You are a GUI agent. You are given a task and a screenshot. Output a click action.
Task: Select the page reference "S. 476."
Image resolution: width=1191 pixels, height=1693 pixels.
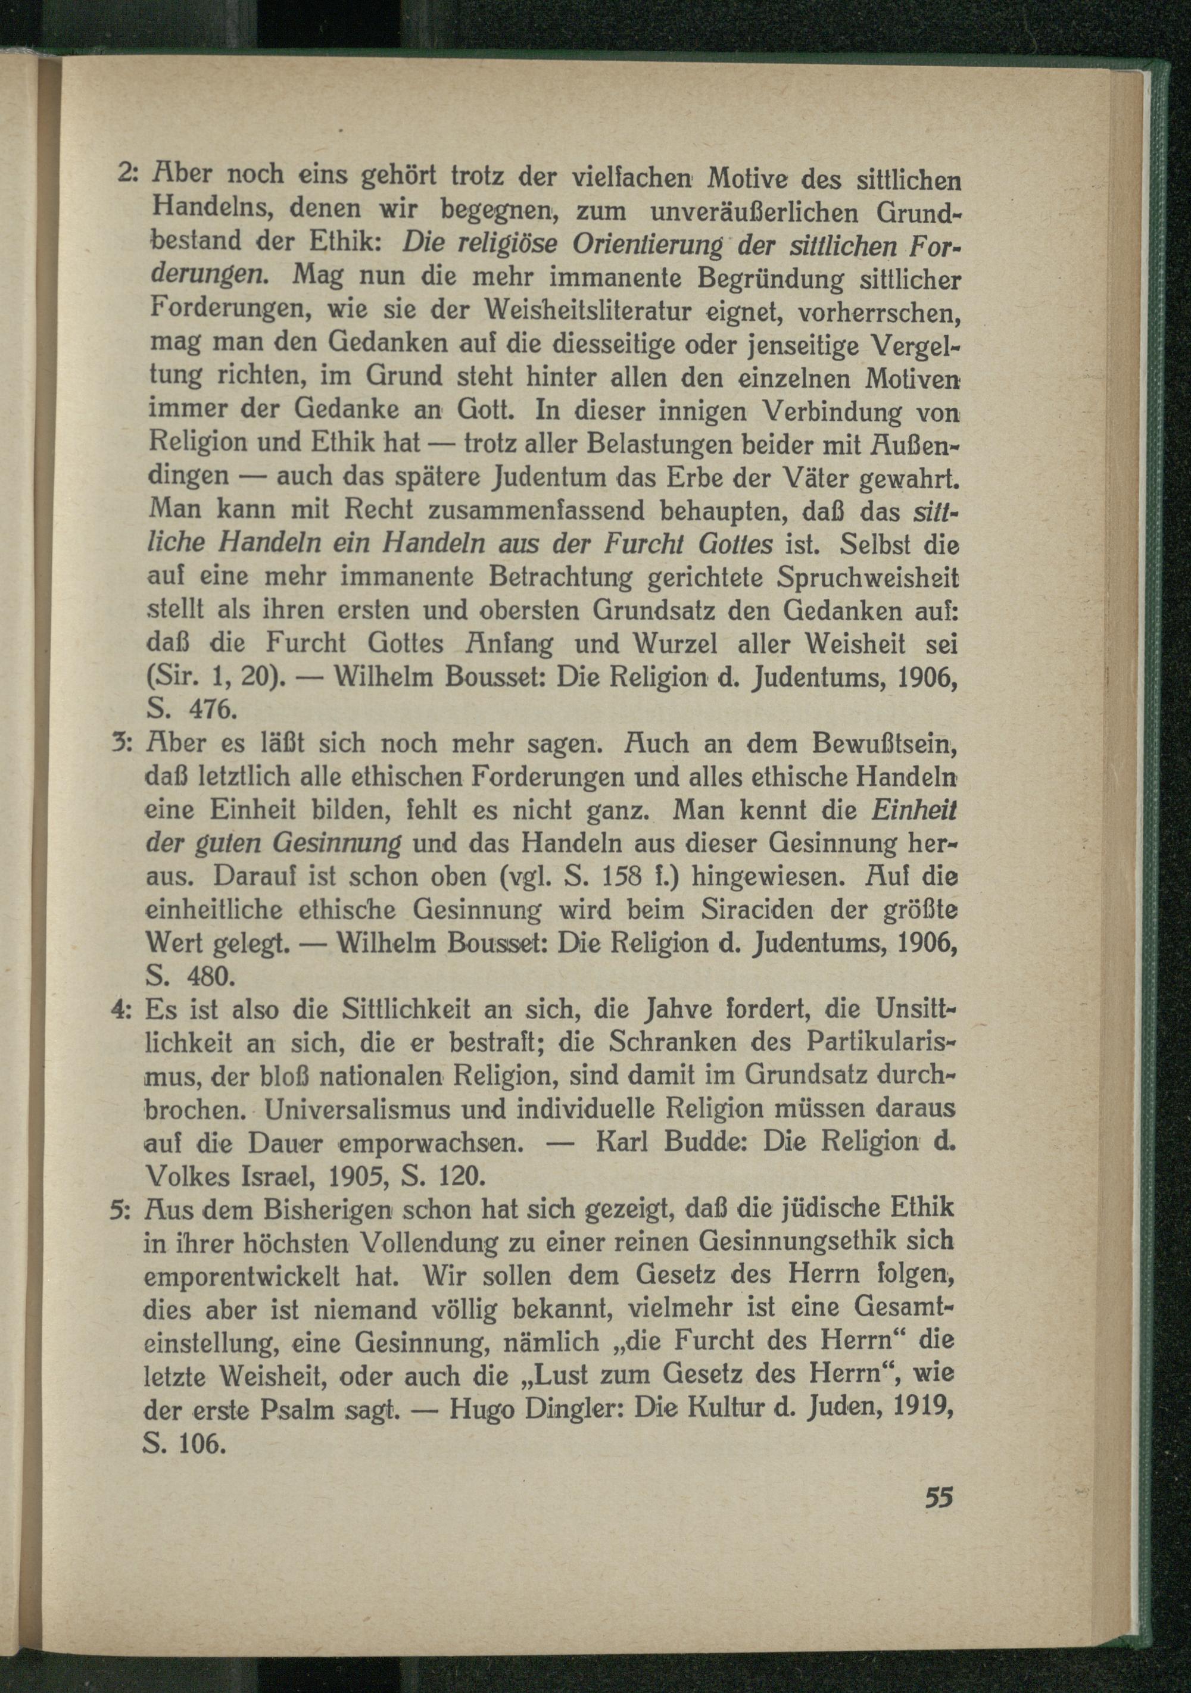point(192,710)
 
